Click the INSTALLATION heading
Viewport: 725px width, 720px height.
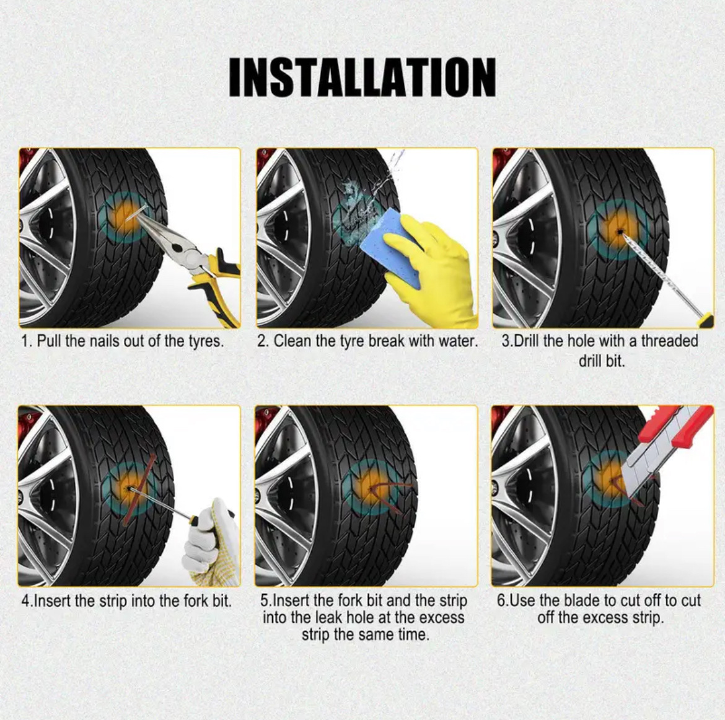[x=362, y=77]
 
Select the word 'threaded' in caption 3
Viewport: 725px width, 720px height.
[x=669, y=341]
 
